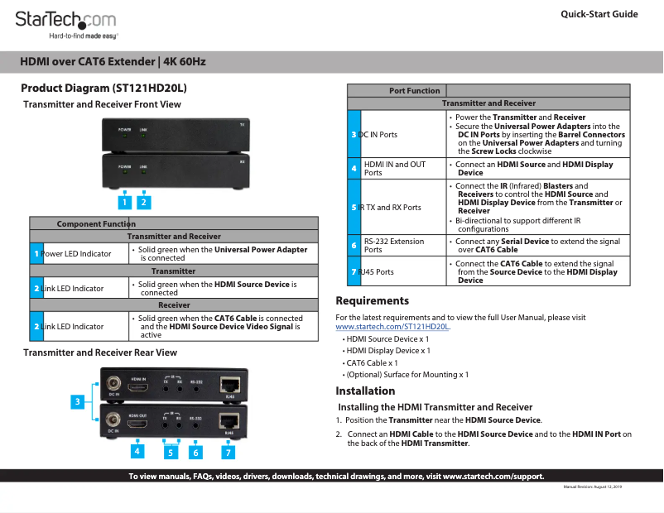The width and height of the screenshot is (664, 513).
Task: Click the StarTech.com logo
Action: click(x=66, y=21)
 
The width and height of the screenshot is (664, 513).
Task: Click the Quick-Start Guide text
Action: click(x=599, y=14)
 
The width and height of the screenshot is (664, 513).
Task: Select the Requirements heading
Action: click(x=372, y=300)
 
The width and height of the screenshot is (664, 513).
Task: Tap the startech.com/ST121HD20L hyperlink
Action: click(x=392, y=327)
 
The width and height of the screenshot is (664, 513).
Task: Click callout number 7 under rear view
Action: click(x=228, y=453)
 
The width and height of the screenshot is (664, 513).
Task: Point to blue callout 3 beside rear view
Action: click(x=78, y=402)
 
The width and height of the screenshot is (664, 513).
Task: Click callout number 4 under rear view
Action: click(x=137, y=453)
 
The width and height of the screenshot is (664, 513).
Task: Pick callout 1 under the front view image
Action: click(x=123, y=202)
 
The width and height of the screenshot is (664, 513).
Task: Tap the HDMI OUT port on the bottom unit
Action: click(x=138, y=424)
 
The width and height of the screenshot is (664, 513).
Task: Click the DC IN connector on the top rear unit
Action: click(x=113, y=385)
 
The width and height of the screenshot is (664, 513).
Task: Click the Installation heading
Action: click(x=365, y=391)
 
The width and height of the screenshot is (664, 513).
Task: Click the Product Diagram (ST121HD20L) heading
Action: click(x=103, y=88)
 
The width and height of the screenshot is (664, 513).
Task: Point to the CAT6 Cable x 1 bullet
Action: click(x=372, y=362)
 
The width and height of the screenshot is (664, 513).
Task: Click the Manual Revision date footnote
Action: click(x=592, y=487)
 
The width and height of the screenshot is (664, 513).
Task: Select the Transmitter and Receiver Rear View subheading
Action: click(x=100, y=352)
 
